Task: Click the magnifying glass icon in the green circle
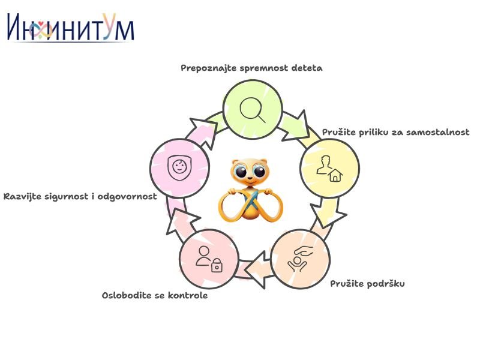[253, 110]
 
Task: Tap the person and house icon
[329, 169]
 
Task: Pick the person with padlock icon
[209, 259]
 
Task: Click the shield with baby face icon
[179, 167]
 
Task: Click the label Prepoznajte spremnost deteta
[251, 68]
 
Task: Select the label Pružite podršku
[367, 284]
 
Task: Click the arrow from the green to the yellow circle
[296, 126]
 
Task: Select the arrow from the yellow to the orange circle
[328, 212]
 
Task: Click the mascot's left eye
[241, 172]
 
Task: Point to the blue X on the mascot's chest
[251, 200]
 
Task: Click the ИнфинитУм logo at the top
[71, 27]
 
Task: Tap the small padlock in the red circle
[217, 265]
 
